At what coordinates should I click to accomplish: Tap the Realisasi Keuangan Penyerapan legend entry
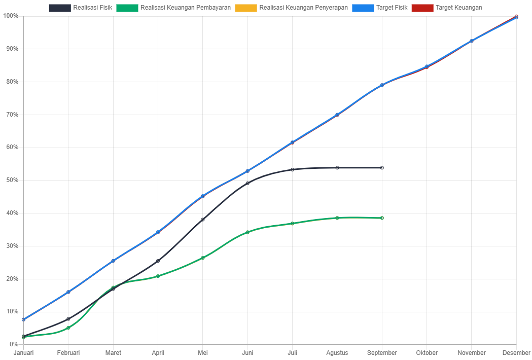tap(292, 8)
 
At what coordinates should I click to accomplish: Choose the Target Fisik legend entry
tap(380, 8)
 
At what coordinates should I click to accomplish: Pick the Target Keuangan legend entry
tap(447, 8)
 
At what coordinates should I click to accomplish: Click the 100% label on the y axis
tap(11, 16)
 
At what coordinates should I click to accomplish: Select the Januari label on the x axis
tap(23, 353)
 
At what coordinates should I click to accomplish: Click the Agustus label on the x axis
tap(337, 353)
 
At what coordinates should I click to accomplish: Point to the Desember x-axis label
tap(516, 353)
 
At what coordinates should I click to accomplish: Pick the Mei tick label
tap(203, 353)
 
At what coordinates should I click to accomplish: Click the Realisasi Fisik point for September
tap(382, 168)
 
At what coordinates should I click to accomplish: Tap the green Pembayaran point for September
tap(382, 218)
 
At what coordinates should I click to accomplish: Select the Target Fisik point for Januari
tap(23, 319)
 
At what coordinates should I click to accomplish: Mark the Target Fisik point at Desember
tap(516, 18)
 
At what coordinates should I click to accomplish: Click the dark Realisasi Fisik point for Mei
tap(203, 220)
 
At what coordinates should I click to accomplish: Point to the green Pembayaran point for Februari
tap(68, 328)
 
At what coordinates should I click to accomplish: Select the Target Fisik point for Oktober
tap(427, 66)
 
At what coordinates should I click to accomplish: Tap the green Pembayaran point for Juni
tap(247, 232)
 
